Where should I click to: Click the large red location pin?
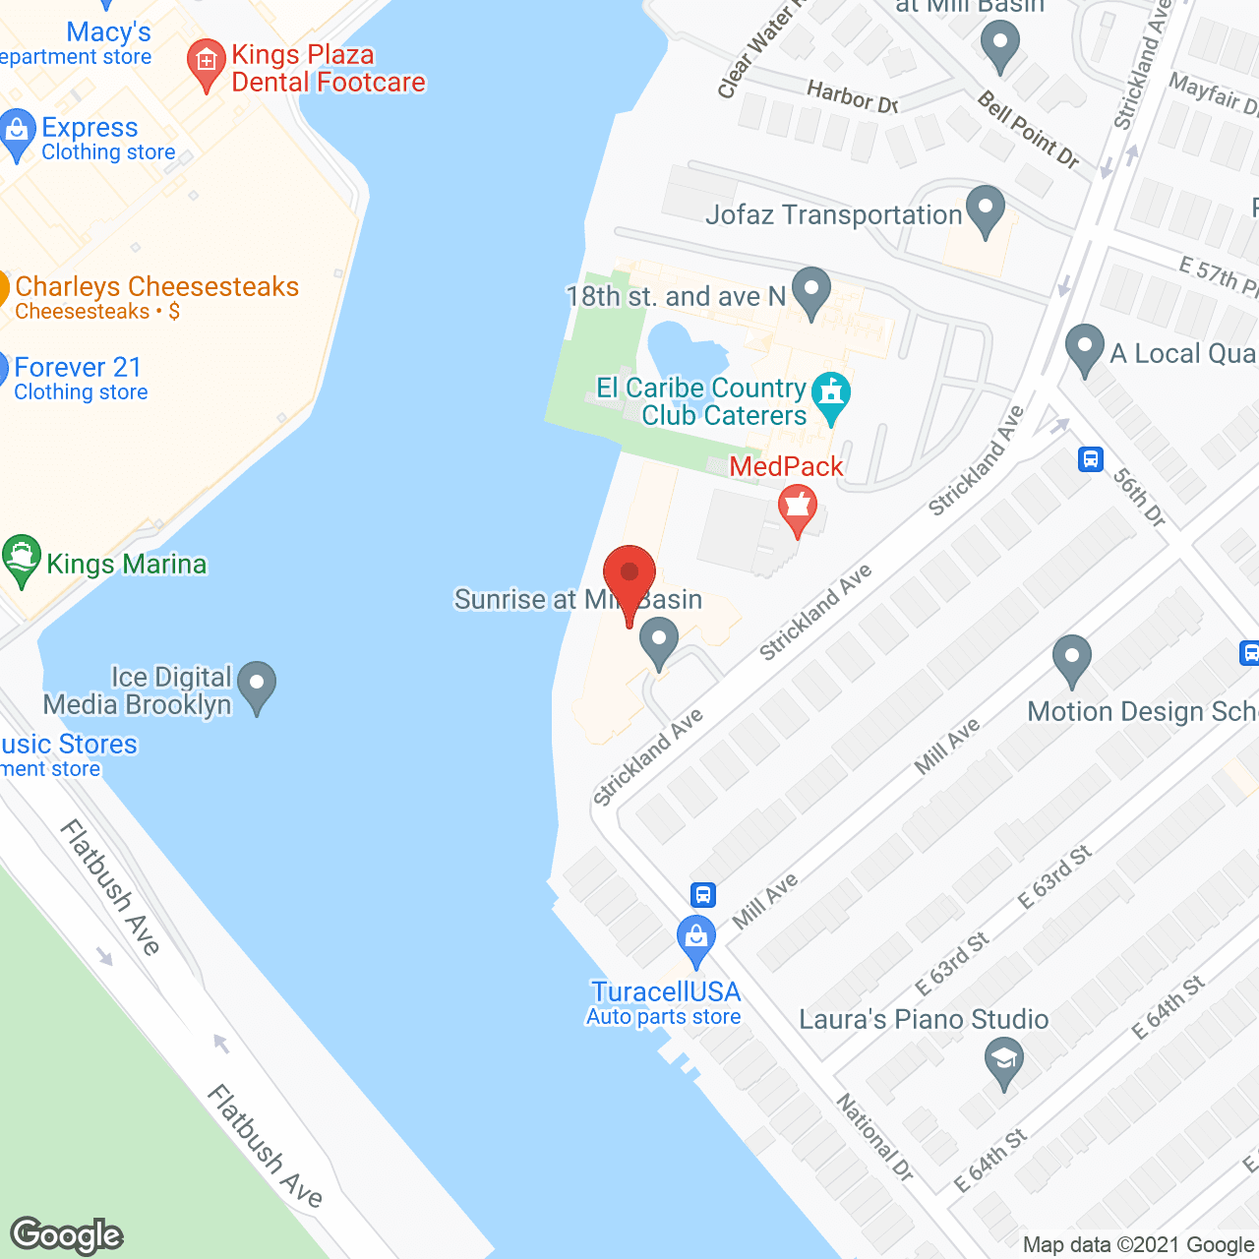[x=629, y=575]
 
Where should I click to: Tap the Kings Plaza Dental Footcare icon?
[x=206, y=63]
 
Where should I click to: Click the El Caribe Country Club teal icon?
[x=832, y=395]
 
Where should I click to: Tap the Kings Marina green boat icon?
[x=21, y=559]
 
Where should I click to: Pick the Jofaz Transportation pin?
[x=985, y=210]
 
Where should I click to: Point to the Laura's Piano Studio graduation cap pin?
[x=1003, y=1062]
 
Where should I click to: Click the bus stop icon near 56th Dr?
[x=1090, y=459]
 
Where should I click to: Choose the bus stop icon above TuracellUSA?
[x=702, y=895]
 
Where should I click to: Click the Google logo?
[x=67, y=1235]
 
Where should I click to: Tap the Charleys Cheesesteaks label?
[x=156, y=287]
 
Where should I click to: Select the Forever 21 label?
[x=79, y=368]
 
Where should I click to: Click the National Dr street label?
[x=874, y=1136]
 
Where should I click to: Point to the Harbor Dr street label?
[x=852, y=96]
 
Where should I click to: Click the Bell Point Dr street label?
[x=1028, y=130]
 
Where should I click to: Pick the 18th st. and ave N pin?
[x=810, y=291]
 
